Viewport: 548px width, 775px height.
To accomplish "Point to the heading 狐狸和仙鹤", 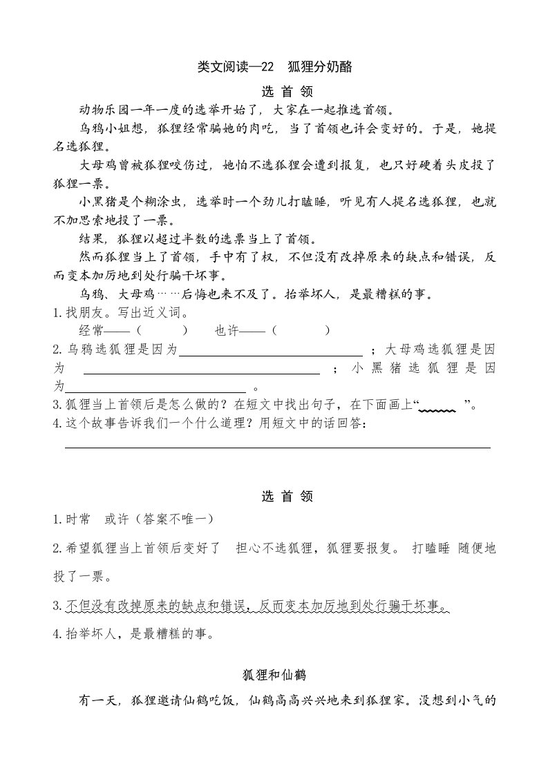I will (x=274, y=675).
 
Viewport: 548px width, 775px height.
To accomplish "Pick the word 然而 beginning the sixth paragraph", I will (x=91, y=258).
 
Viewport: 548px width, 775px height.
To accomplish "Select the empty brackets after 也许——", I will (x=301, y=331).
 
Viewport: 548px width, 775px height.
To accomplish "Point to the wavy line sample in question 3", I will (x=438, y=409).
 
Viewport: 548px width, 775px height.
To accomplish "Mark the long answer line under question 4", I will (x=276, y=447).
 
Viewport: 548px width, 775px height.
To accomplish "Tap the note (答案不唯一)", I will (x=173, y=519).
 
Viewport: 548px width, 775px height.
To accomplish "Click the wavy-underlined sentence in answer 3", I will (x=258, y=606).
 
